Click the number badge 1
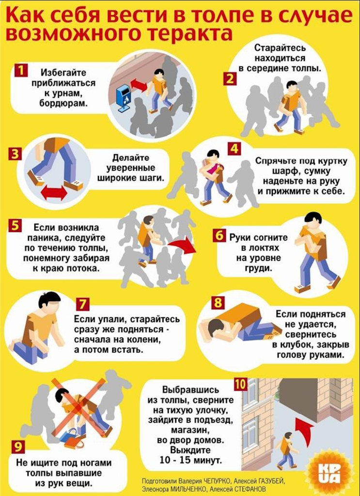(x=21, y=70)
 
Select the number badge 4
(x=234, y=148)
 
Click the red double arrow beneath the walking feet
(x=54, y=193)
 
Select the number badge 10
(x=240, y=384)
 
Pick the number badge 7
(x=82, y=304)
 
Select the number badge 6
(x=219, y=236)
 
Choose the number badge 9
(x=18, y=447)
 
